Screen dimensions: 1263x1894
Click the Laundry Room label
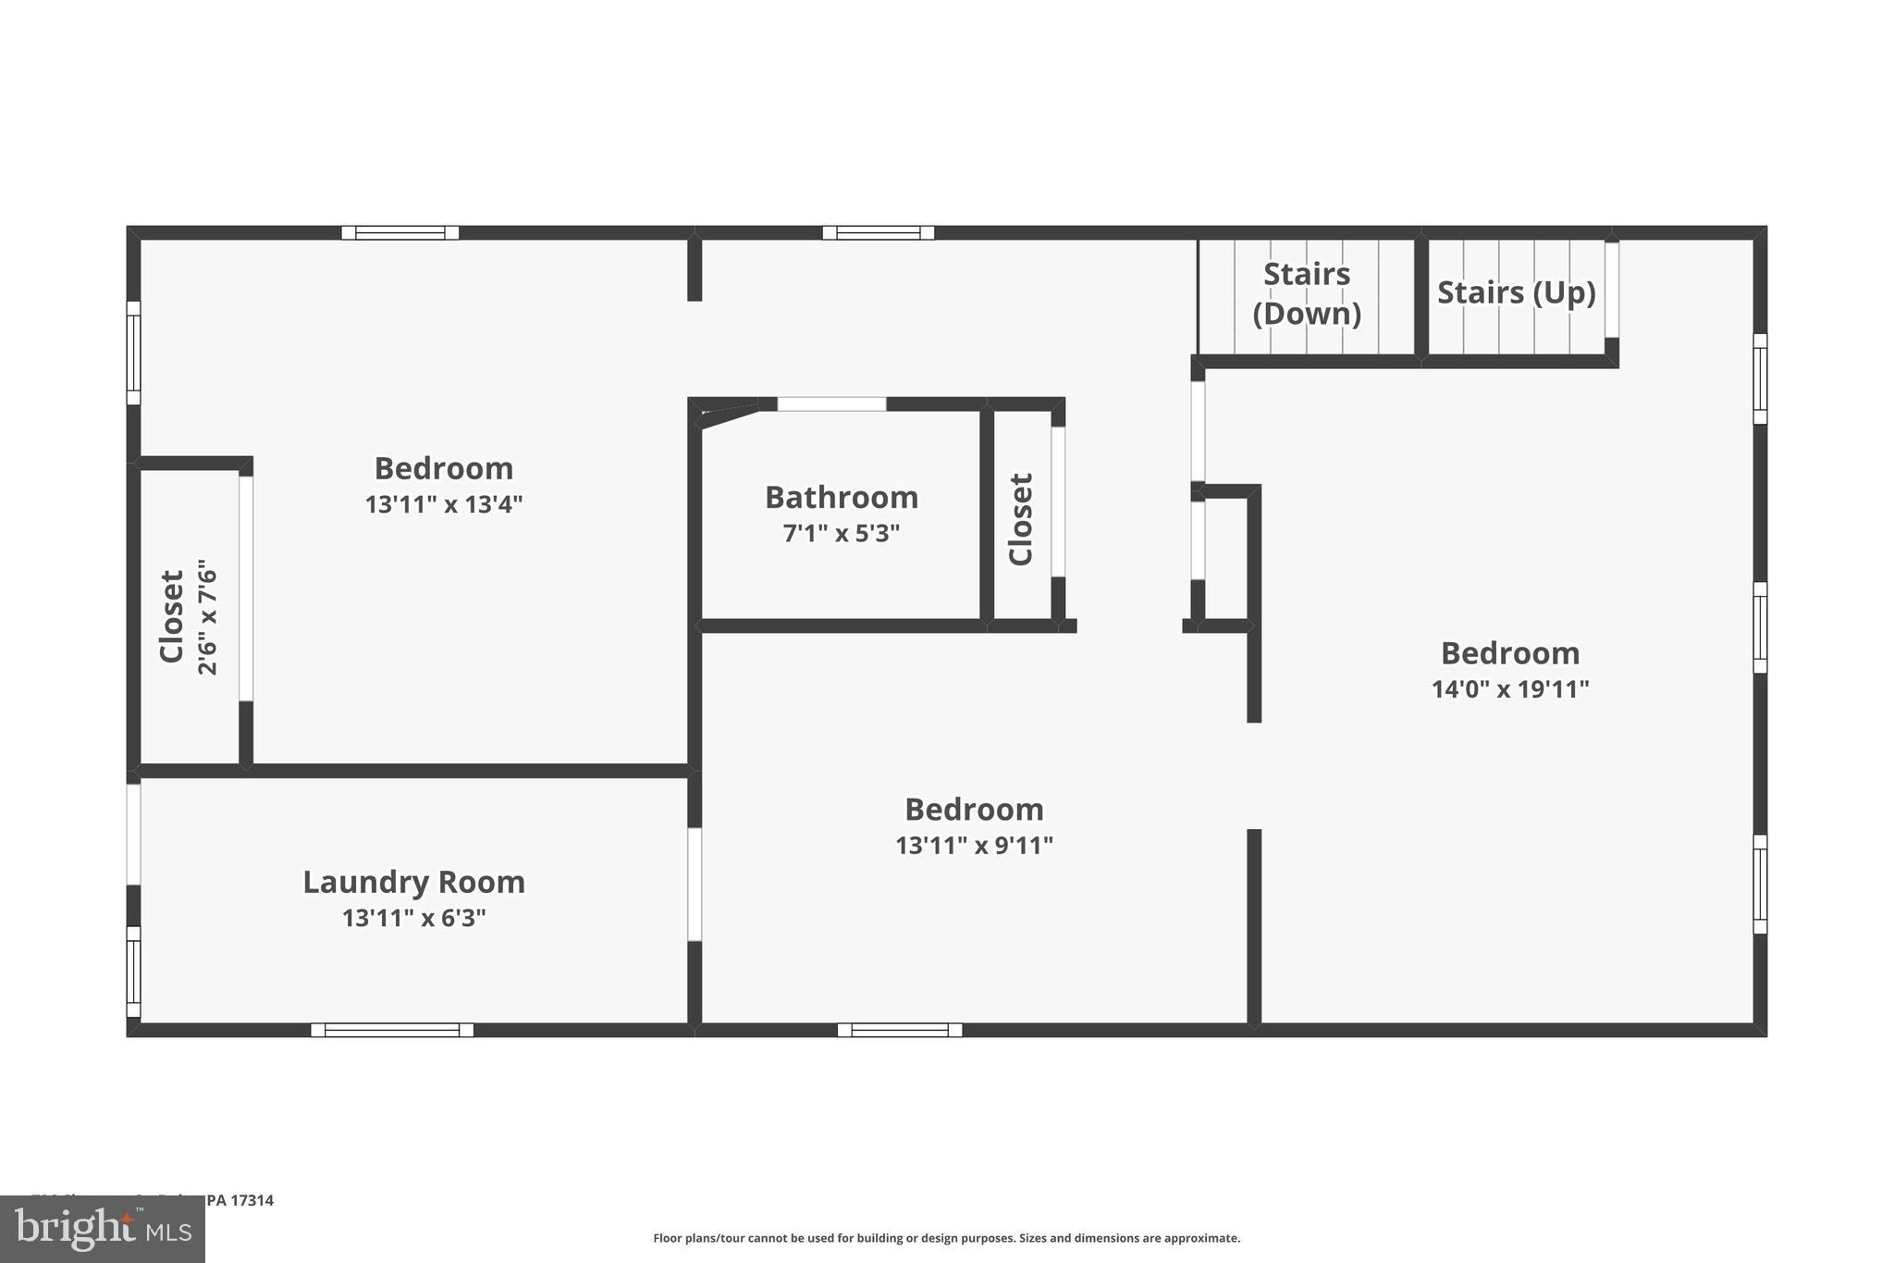click(413, 882)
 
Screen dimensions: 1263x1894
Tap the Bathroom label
click(842, 498)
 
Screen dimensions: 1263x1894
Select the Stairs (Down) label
click(1307, 293)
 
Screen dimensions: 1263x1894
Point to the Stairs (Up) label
click(1516, 292)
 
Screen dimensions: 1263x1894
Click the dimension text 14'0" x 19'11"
click(1510, 689)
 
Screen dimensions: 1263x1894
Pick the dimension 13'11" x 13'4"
click(444, 504)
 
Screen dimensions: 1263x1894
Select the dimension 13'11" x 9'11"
click(974, 846)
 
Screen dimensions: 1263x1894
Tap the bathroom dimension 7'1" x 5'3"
click(842, 534)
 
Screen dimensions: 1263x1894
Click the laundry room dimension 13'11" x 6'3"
click(413, 918)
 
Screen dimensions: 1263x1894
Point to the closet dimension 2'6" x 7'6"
click(208, 616)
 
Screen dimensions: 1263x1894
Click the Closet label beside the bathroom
click(1020, 519)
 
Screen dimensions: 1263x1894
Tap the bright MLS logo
click(103, 1229)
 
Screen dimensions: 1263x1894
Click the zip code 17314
click(252, 1200)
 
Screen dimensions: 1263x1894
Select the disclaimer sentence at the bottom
click(946, 1238)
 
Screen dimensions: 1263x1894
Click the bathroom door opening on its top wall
click(831, 404)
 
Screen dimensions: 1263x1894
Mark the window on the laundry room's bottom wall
click(392, 1030)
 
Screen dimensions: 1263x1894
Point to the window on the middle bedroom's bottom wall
click(900, 1030)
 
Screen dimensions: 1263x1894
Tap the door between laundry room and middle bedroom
click(695, 884)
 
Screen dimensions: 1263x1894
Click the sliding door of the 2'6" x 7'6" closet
click(246, 588)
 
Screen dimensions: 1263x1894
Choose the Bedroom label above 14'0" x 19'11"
click(1510, 653)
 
